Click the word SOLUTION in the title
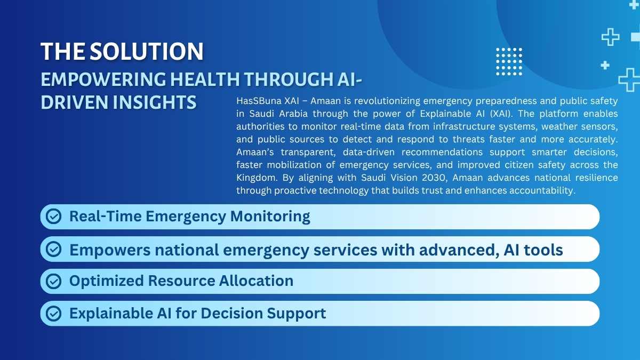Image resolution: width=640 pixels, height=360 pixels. click(x=147, y=51)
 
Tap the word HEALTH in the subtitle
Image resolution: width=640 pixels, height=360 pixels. click(x=205, y=79)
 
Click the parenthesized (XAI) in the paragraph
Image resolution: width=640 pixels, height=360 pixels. click(x=501, y=114)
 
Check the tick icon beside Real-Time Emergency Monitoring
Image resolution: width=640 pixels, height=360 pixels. click(x=54, y=217)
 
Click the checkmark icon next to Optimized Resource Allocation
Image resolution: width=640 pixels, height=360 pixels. click(x=54, y=281)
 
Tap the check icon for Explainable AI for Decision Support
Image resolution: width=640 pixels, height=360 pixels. click(x=54, y=314)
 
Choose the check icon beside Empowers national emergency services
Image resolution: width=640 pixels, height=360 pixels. click(x=54, y=249)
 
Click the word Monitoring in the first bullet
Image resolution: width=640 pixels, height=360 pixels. click(x=270, y=217)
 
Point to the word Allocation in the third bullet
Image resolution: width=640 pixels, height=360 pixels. click(x=257, y=281)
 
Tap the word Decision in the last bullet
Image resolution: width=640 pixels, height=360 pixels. click(x=231, y=313)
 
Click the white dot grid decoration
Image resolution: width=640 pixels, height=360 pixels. click(x=509, y=62)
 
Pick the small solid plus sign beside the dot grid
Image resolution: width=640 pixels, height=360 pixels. click(x=605, y=66)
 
